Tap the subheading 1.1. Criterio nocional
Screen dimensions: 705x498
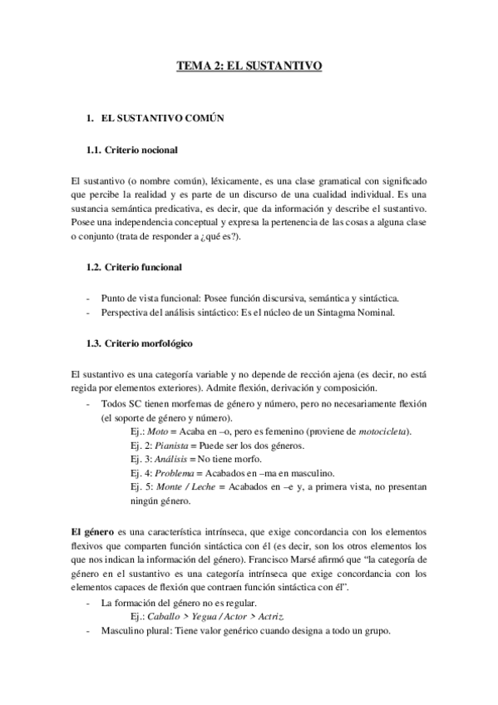point(133,150)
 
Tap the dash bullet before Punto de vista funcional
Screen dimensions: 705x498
point(88,298)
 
